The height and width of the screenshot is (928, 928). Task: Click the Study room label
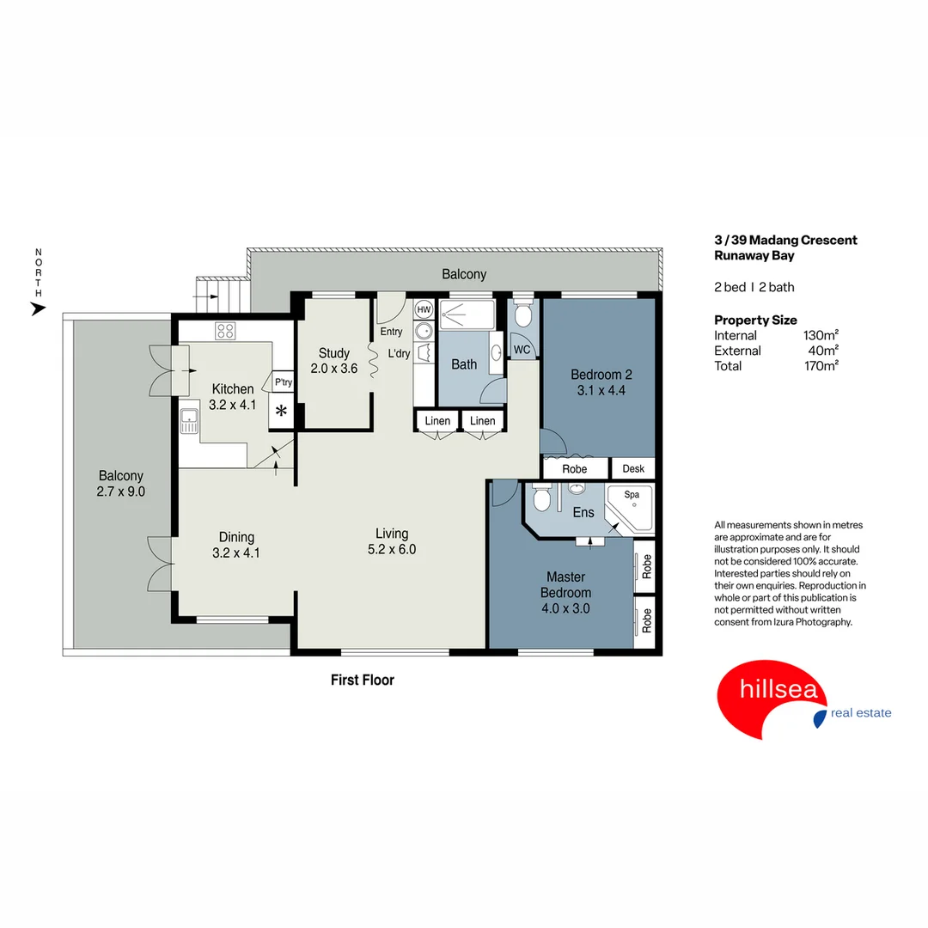tap(333, 353)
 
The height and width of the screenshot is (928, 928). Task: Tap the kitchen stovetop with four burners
tap(225, 330)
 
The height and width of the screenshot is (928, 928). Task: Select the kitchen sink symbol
tap(189, 421)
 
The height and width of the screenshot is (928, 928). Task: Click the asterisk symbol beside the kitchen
tap(281, 411)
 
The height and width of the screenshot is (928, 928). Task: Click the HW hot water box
tap(423, 309)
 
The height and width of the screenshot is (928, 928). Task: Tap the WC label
tap(522, 350)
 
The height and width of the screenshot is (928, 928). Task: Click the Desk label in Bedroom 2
tap(633, 468)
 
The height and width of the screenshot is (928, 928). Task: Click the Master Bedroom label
tap(565, 585)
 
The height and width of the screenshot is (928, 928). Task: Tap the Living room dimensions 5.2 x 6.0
tap(391, 549)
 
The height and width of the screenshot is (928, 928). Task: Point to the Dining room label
tap(235, 537)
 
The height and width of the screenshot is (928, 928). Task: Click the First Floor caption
tap(363, 680)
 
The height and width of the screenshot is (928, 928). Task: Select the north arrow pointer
tap(38, 308)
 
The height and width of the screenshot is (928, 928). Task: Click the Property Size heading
tap(755, 320)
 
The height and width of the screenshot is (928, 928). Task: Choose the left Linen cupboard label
tap(437, 420)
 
